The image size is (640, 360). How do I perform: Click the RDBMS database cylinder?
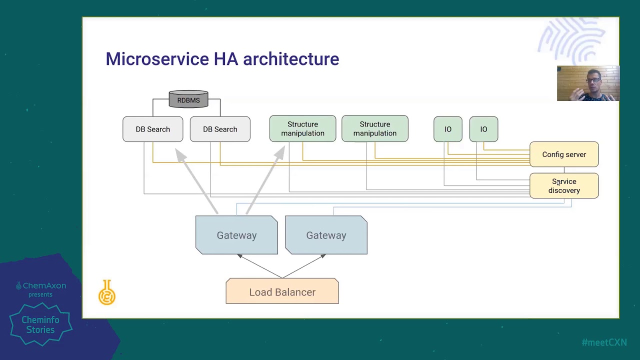coord(188,99)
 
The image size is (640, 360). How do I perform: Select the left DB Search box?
coord(152,129)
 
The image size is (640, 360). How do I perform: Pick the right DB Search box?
coord(220,129)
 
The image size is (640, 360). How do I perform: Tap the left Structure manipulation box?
coord(302,129)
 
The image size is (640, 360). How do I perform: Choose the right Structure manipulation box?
coord(374,129)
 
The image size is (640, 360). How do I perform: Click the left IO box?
coord(448,129)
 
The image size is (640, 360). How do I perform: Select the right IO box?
coord(483,129)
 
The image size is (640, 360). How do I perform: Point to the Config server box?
coord(564,154)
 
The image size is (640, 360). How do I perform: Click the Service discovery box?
coord(564,186)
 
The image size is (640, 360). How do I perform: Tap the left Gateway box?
coord(236,235)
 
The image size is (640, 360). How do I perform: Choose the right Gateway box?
coord(326,235)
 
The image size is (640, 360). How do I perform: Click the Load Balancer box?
coord(282,291)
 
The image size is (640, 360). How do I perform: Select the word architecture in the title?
coord(291,59)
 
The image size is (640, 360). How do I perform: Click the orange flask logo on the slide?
coord(107,293)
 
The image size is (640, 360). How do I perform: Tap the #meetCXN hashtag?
coord(604,342)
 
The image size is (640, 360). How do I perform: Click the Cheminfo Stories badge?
coord(40,324)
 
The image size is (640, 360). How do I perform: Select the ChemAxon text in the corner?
coord(44,286)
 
